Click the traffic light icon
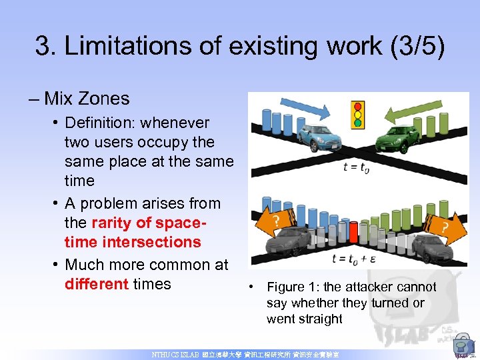point(359,114)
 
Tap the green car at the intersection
point(399,139)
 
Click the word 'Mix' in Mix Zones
point(60,99)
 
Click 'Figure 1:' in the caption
point(291,287)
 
